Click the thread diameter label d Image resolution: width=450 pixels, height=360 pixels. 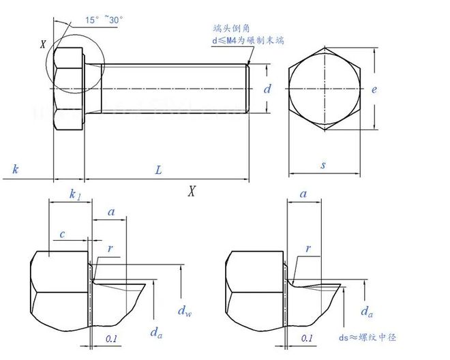[267, 89]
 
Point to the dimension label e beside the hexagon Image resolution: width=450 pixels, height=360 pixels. [375, 89]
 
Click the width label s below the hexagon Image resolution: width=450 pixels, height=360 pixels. [322, 164]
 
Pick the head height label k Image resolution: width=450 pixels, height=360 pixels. [15, 169]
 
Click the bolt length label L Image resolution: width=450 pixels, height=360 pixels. [158, 170]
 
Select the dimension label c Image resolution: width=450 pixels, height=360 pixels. [61, 235]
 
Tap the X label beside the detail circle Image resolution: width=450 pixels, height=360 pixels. [43, 45]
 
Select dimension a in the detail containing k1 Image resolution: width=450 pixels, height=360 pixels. [110, 213]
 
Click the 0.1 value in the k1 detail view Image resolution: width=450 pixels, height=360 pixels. [111, 337]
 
